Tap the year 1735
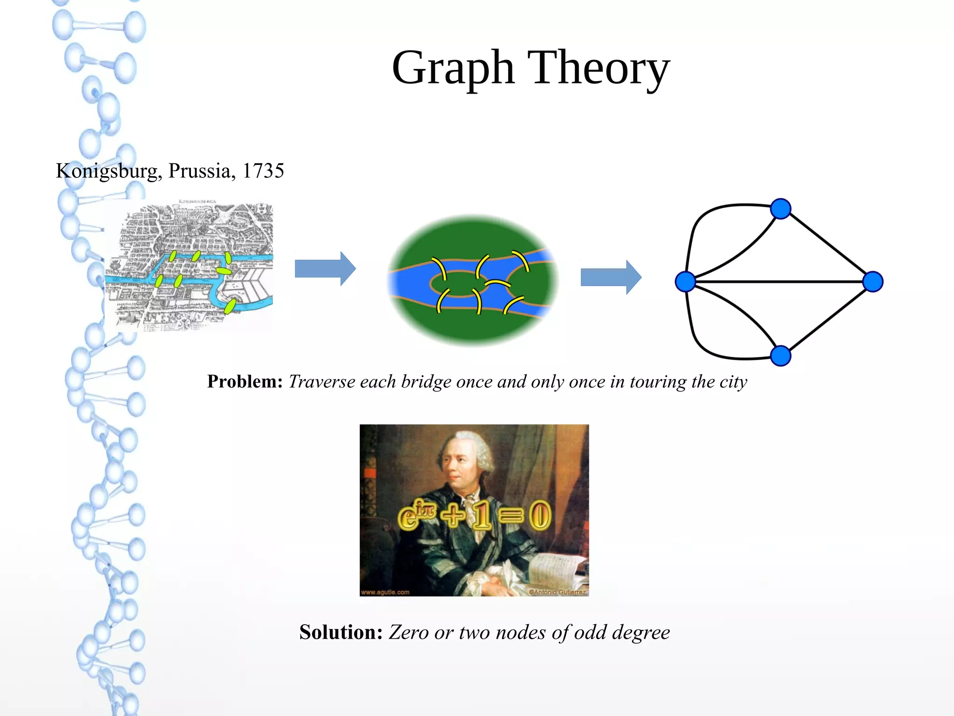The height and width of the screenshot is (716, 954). [x=263, y=171]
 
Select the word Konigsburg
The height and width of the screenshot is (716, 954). [x=107, y=171]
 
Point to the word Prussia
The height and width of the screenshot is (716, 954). [x=199, y=171]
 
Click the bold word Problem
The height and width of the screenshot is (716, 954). [x=245, y=382]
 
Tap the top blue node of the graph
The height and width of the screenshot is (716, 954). [x=781, y=208]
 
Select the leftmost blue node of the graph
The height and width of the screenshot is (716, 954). [x=685, y=282]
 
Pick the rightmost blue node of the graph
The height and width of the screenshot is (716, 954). [x=872, y=282]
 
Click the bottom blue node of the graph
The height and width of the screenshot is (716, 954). [x=781, y=356]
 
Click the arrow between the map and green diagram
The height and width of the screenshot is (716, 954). [x=325, y=269]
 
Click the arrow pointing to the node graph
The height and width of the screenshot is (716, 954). [x=611, y=278]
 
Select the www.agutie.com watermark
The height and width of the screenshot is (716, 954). [x=385, y=592]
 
